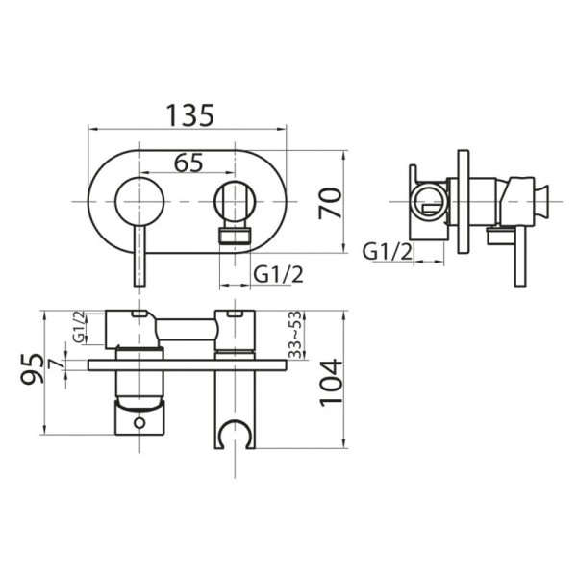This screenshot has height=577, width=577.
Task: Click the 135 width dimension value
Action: tap(189, 115)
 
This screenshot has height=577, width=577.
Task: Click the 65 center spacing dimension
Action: tap(188, 163)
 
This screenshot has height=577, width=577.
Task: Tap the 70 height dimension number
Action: tap(330, 204)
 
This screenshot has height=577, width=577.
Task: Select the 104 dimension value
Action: tap(331, 383)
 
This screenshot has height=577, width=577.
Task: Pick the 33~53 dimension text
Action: tap(295, 335)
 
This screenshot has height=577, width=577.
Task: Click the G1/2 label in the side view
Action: tap(387, 252)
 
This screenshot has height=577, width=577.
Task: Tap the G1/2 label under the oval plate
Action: tap(279, 274)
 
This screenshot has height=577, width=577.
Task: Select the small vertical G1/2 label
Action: tap(79, 327)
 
